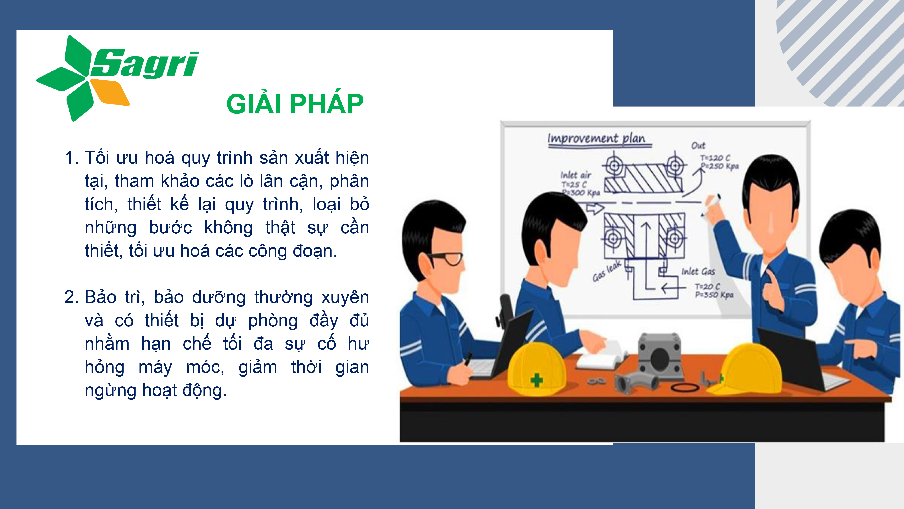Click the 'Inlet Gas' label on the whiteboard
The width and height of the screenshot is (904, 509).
coord(698,271)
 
